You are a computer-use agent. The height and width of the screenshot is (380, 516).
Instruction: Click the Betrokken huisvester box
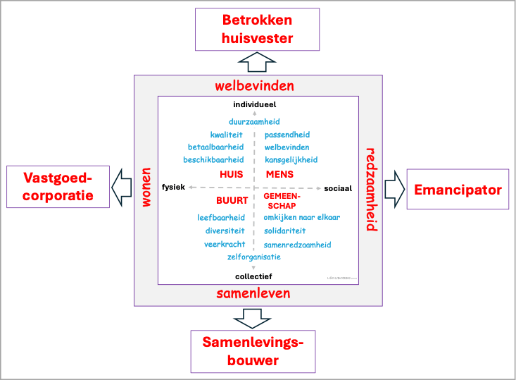pos(257,30)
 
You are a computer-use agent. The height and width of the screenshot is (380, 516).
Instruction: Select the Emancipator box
pos(458,189)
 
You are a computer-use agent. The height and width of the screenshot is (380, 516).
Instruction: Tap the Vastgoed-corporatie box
pos(58,186)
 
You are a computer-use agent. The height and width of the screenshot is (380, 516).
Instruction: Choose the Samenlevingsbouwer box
pos(253,351)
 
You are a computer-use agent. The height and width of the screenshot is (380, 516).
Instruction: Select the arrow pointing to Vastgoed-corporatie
pos(122,187)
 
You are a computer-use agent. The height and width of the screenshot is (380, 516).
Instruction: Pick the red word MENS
pos(279,173)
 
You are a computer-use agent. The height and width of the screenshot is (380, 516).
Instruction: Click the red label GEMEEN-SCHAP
pos(280,201)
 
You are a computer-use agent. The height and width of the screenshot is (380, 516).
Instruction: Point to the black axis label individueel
pos(254,105)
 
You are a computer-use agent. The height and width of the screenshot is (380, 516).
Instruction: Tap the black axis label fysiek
pos(173,187)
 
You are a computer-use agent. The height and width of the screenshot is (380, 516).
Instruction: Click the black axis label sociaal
pos(337,188)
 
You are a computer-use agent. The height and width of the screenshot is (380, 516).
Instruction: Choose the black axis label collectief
pos(253,276)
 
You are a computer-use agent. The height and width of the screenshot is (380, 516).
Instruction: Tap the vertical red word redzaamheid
pos(370,189)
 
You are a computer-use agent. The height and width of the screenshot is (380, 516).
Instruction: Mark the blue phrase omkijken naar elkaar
pos(301,217)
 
